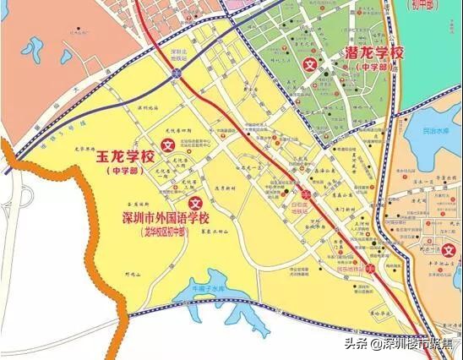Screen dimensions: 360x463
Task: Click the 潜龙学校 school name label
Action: pos(375,53)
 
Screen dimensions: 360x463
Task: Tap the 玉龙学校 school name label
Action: pos(125,157)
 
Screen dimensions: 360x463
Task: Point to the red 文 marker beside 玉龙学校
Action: pos(167,145)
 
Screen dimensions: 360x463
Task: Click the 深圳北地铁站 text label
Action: pos(177,53)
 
